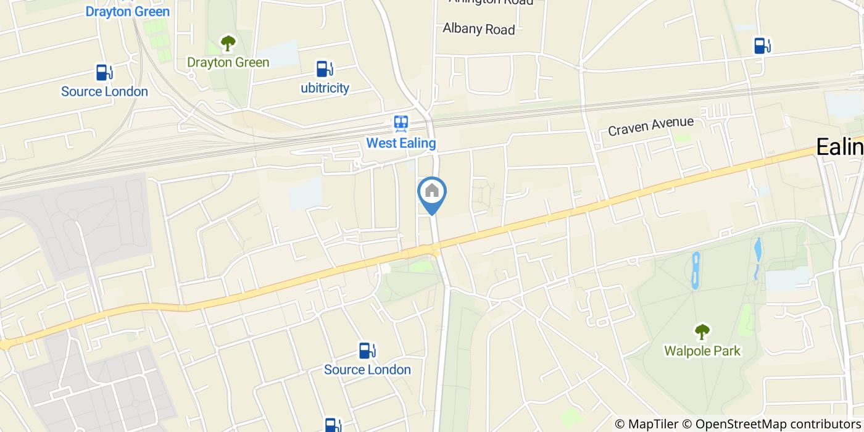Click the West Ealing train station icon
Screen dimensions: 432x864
point(401,124)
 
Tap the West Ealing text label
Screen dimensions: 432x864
point(401,143)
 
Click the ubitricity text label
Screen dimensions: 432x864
point(325,88)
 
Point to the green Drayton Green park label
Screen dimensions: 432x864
point(228,62)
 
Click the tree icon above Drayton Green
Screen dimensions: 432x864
point(228,43)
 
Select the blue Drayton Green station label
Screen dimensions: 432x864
point(127,11)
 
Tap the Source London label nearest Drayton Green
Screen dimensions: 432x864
point(104,91)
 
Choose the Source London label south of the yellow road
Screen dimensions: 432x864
point(367,370)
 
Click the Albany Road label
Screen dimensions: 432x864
point(479,29)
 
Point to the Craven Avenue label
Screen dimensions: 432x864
point(650,127)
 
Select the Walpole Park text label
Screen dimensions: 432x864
point(702,351)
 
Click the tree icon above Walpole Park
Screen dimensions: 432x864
point(702,332)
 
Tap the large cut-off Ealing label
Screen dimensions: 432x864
point(840,147)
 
